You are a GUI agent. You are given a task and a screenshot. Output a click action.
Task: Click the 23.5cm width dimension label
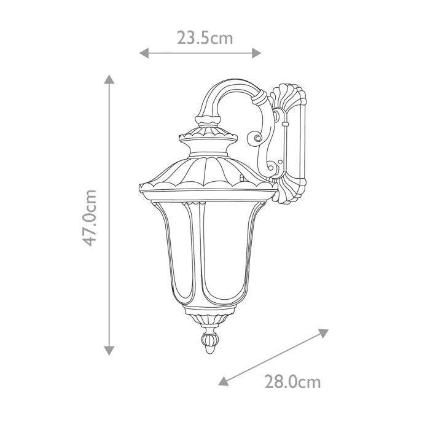point(205,38)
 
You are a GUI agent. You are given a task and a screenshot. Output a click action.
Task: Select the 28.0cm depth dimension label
point(292,383)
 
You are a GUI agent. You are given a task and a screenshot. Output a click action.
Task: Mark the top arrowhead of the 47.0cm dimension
point(109,79)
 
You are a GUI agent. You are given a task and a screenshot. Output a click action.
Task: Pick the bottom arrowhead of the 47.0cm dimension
point(109,350)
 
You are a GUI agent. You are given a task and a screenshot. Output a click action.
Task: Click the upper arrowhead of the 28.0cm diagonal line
point(323,332)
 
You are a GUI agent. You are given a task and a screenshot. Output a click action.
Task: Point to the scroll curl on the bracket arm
point(256,138)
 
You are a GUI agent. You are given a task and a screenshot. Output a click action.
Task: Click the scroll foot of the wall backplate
point(289,193)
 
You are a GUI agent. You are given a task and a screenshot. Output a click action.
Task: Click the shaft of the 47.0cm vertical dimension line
point(109,154)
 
